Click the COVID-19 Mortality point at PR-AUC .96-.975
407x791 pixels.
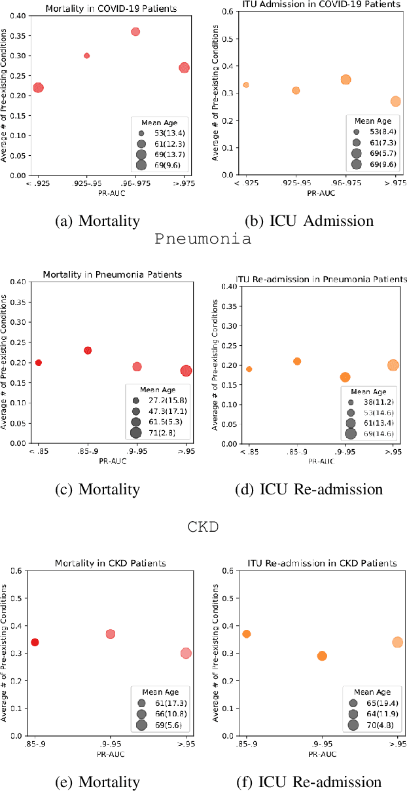point(135,31)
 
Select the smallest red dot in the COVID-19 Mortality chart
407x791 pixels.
point(86,56)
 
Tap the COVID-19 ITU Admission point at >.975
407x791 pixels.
point(395,101)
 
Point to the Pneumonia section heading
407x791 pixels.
point(203,238)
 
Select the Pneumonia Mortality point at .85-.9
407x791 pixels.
point(88,350)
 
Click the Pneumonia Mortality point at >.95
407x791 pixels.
point(186,371)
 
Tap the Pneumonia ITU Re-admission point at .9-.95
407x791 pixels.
point(345,377)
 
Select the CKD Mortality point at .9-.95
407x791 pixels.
point(111,634)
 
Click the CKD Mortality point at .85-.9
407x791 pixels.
point(35,642)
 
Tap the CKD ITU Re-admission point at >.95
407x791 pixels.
point(397,642)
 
